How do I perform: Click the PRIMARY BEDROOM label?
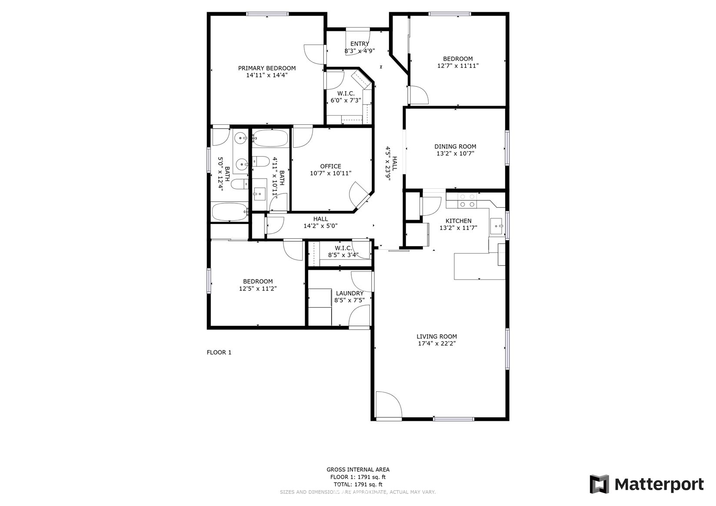266,68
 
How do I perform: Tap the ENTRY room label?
360,44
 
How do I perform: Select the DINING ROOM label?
455,146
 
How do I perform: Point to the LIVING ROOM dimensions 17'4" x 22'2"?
436,343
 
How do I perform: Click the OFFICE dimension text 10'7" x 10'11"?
330,173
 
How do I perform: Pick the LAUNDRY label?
350,293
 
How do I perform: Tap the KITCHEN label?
458,221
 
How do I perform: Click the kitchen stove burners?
467,201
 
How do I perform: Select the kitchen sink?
496,226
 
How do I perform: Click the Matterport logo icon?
599,484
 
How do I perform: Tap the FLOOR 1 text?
219,352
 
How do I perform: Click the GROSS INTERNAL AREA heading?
358,469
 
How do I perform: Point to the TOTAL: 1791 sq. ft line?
358,484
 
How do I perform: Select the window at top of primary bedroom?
267,14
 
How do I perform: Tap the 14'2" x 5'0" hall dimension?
320,226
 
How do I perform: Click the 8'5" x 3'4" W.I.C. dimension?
343,255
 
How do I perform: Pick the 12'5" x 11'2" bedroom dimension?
258,289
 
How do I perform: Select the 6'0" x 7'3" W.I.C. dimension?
346,100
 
